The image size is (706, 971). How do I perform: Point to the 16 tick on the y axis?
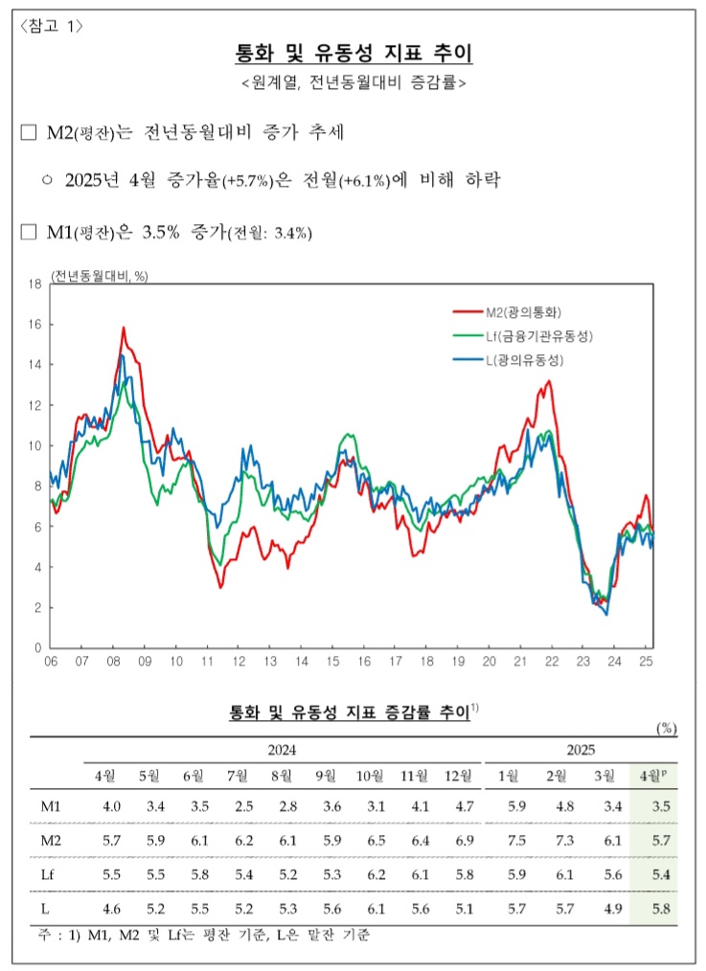pyautogui.click(x=34, y=325)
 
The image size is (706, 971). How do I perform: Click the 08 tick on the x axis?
pyautogui.click(x=114, y=662)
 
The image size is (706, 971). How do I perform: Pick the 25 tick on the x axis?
pyautogui.click(x=646, y=662)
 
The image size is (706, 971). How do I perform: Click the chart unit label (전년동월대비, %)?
pyautogui.click(x=101, y=276)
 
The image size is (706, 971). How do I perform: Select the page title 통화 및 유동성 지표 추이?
pyautogui.click(x=353, y=53)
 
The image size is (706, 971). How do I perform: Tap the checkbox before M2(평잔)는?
pyautogui.click(x=29, y=132)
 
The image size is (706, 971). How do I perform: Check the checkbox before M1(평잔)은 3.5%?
pyautogui.click(x=29, y=232)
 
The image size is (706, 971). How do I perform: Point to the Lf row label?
pyautogui.click(x=47, y=873)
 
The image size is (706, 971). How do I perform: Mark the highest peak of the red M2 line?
pyautogui.click(x=124, y=328)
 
